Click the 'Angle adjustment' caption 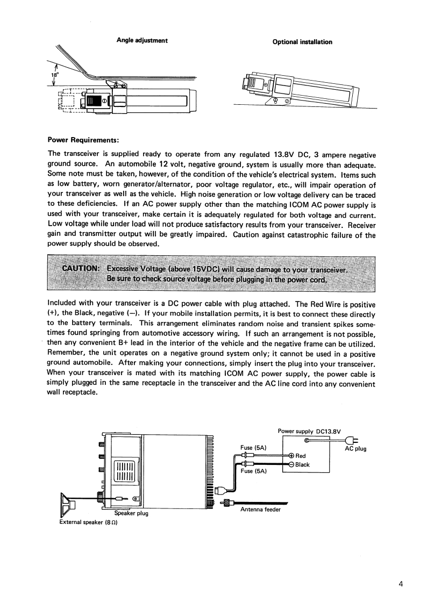click(142, 41)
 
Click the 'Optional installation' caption click(302, 42)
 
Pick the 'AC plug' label click(355, 449)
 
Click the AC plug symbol click(355, 441)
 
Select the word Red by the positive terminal click(301, 456)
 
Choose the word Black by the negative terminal click(303, 464)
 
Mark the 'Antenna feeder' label click(260, 509)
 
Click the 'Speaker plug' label click(131, 513)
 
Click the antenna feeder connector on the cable click(227, 503)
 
